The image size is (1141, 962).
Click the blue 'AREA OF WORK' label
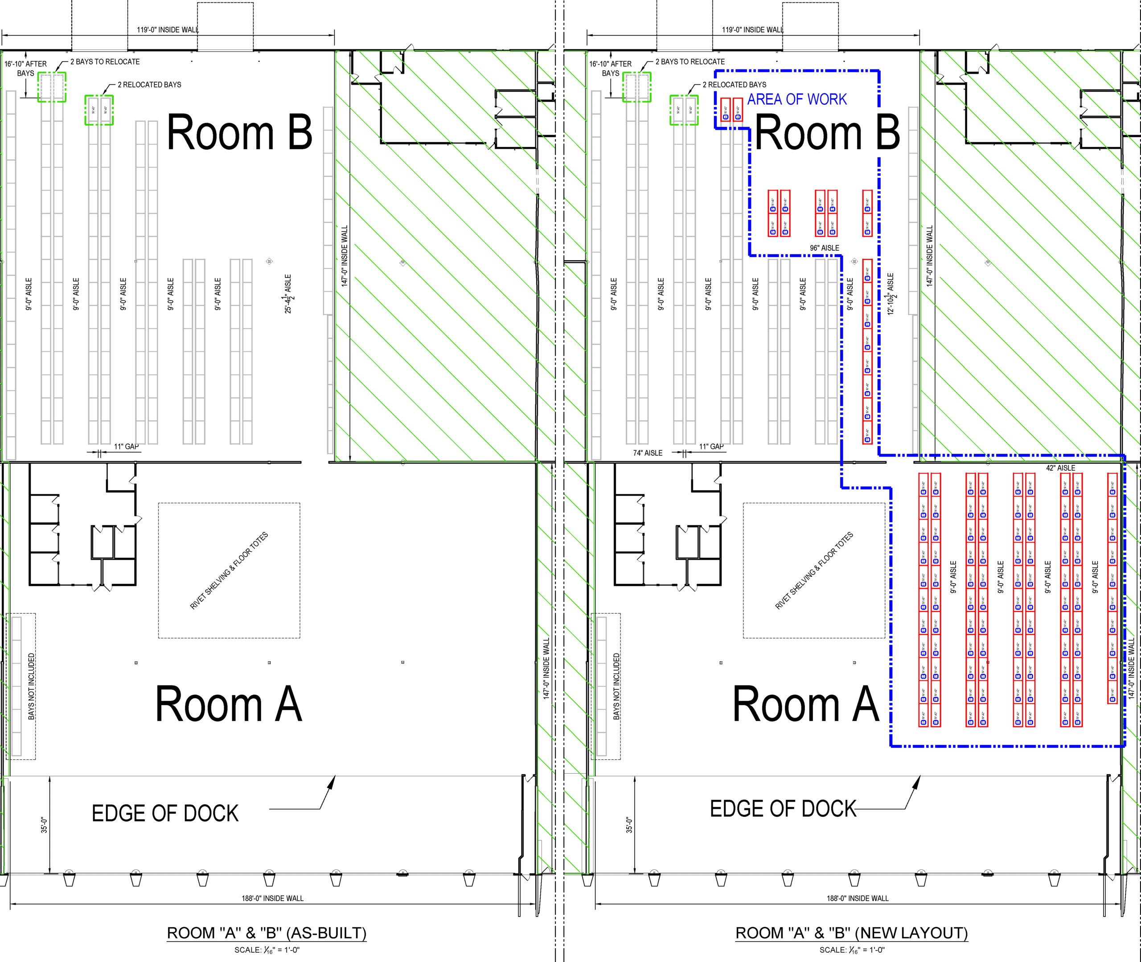click(x=796, y=99)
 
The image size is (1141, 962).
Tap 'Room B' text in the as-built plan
click(x=239, y=133)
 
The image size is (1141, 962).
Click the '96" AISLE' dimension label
click(x=824, y=248)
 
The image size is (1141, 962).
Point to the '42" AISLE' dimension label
click(x=1060, y=468)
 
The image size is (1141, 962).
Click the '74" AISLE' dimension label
click(x=648, y=453)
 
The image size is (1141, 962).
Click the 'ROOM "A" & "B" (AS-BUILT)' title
click(x=266, y=933)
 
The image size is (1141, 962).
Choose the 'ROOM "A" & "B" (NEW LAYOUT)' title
click(x=851, y=933)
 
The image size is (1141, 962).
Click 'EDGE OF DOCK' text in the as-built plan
click(x=165, y=814)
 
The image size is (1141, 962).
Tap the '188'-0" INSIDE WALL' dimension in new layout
click(x=857, y=898)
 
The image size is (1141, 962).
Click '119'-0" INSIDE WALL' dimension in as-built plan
click(x=168, y=29)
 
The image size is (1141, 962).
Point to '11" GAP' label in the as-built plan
click(x=126, y=447)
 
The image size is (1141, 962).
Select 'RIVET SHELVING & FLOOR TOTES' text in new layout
click(x=813, y=571)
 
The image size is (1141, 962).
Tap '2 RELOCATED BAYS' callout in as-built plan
click(x=149, y=85)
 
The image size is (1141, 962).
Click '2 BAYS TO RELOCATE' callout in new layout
click(x=690, y=61)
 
